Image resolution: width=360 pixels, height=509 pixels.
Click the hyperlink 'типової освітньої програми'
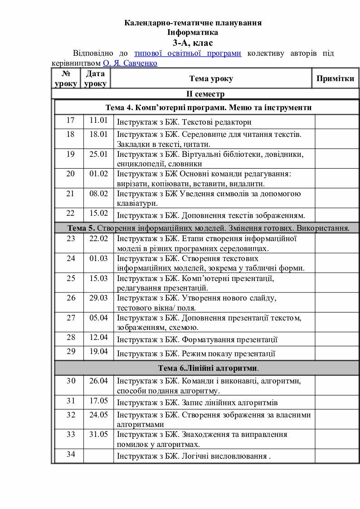click(188, 53)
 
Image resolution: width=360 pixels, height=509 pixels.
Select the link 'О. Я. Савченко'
click(130, 63)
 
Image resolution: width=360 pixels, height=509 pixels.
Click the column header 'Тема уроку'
click(211, 78)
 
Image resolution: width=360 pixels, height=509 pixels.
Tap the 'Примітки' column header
click(335, 78)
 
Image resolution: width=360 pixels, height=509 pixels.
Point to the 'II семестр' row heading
click(205, 94)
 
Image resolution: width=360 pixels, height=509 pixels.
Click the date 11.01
click(98, 121)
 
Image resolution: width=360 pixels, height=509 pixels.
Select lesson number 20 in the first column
click(70, 174)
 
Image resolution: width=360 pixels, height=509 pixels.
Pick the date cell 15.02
click(98, 213)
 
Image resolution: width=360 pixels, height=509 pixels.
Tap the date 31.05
click(98, 434)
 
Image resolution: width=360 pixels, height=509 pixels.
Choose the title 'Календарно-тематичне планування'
click(193, 23)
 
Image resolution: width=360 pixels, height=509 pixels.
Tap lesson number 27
click(71, 318)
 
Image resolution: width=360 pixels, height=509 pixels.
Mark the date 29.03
click(98, 298)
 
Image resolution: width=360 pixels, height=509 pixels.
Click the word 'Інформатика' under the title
click(193, 33)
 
